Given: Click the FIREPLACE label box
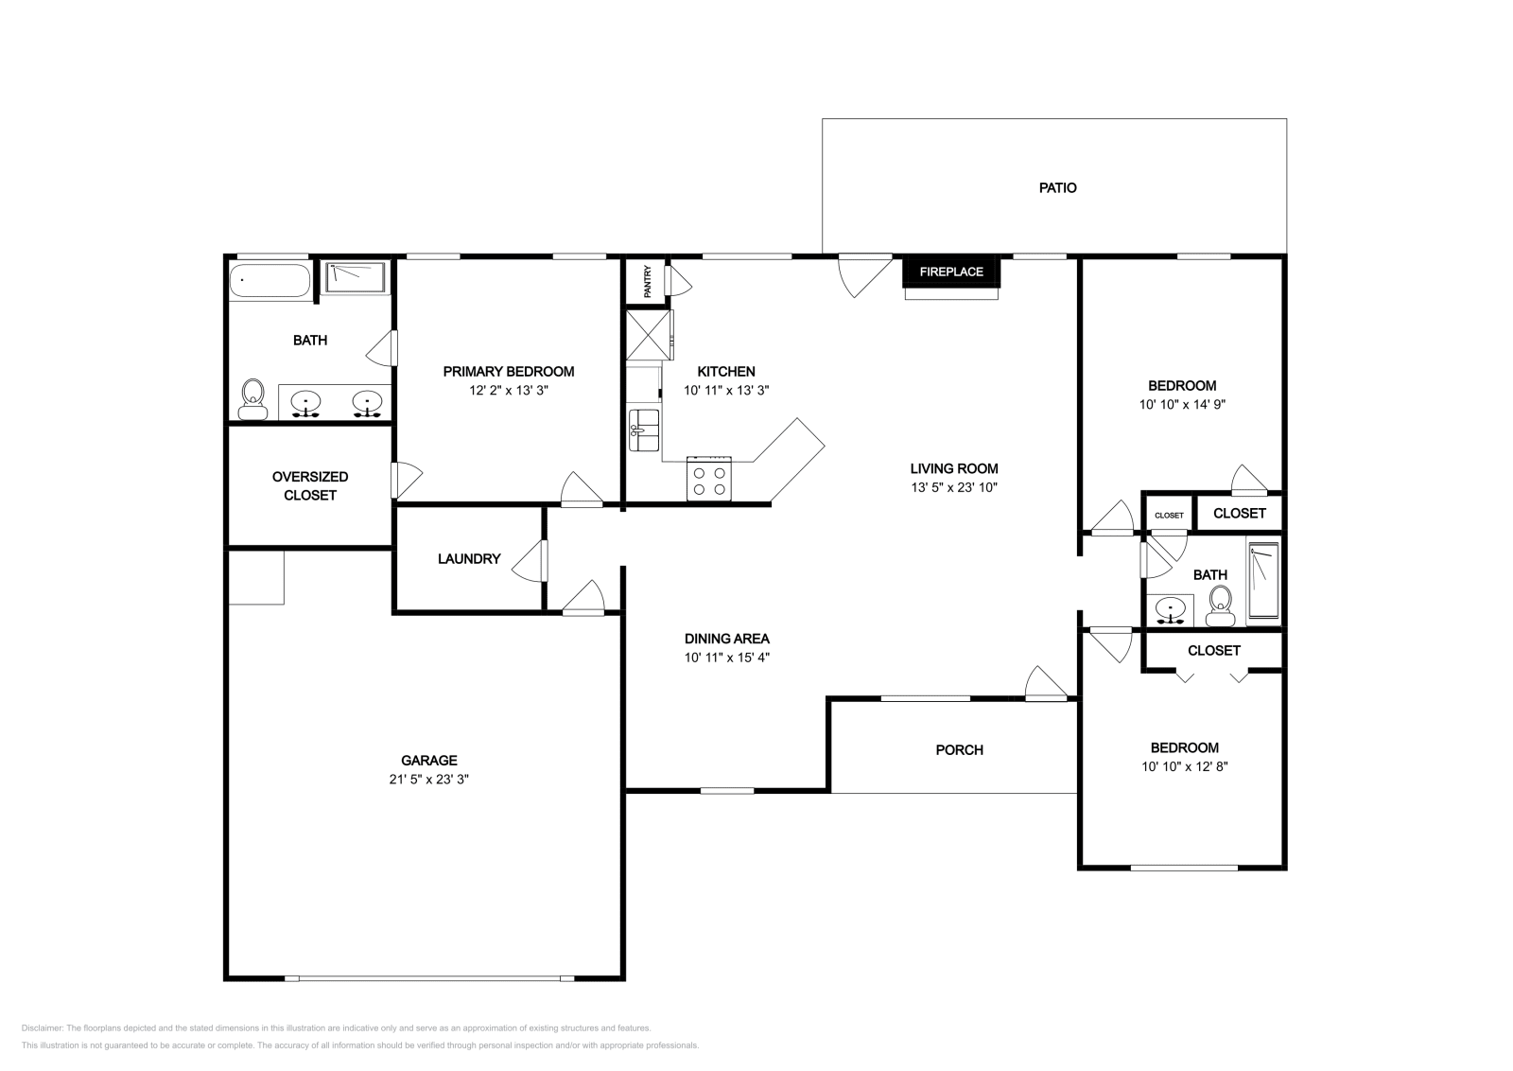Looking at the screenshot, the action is tap(951, 272).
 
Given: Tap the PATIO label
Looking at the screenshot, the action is tap(1058, 188).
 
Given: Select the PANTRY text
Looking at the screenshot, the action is tap(648, 281).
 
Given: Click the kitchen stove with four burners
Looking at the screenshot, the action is tap(709, 479).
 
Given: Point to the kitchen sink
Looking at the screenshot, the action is tap(644, 430).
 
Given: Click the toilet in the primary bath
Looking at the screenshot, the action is tap(252, 399).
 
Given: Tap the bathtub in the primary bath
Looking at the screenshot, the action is tap(270, 281).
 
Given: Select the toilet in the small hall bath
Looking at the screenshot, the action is tap(1220, 606).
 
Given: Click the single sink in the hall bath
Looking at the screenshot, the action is tap(1171, 611).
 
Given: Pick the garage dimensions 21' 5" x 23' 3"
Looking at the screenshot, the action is tap(429, 779).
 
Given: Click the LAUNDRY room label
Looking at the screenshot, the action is tap(469, 559).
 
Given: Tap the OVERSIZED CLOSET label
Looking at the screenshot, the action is tap(310, 486).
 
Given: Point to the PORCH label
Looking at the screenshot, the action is tap(959, 750).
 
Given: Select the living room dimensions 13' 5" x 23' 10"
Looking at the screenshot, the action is tap(954, 487).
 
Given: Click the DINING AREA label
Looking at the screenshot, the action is tap(727, 639).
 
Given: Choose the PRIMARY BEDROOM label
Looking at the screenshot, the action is tap(509, 372).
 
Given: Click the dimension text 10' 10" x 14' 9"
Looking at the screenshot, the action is tap(1182, 405).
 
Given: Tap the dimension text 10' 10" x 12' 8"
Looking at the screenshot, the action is tap(1185, 767).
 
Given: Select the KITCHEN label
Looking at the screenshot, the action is tap(726, 372).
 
